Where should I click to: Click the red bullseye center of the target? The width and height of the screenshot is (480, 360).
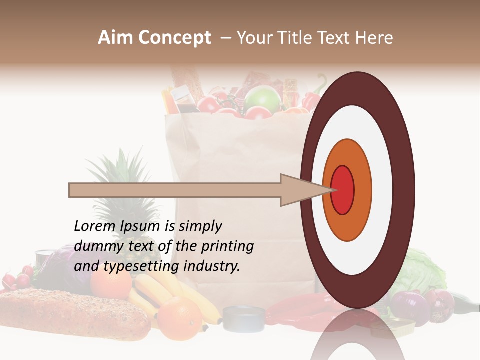(343, 190)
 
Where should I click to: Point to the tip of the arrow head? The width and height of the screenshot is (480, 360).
(334, 190)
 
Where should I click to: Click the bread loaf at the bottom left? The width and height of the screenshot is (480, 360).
(70, 312)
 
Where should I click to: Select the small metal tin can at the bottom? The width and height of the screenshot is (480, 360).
(244, 318)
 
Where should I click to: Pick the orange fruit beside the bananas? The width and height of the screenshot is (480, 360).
(180, 316)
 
